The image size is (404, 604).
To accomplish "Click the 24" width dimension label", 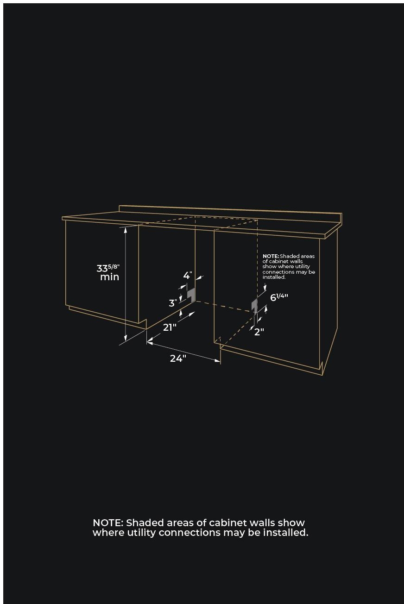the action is click(178, 358).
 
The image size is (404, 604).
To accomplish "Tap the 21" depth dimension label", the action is click(170, 327).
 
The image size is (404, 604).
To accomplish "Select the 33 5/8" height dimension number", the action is click(108, 268).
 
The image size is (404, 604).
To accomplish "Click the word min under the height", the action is click(109, 277).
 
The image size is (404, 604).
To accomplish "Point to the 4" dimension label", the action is click(188, 275).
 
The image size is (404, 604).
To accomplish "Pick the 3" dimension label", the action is click(173, 303).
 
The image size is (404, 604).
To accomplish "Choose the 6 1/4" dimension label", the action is click(279, 297).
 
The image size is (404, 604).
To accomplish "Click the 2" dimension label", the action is click(259, 332).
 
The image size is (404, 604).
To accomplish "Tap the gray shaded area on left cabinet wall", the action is click(191, 294).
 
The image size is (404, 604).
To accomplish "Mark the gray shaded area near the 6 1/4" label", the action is click(254, 306).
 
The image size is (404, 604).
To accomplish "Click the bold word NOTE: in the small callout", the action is click(271, 256).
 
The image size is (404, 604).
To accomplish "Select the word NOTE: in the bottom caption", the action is click(108, 523).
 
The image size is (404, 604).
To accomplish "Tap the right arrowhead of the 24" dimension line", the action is click(217, 360).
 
